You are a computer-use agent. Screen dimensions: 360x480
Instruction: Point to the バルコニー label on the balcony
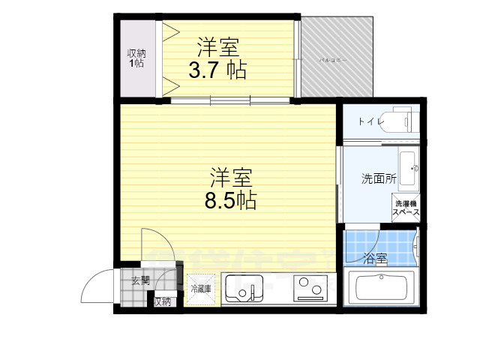point(332,58)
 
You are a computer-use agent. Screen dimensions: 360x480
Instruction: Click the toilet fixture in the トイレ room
point(399,120)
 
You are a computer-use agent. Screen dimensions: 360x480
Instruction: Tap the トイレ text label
point(370,121)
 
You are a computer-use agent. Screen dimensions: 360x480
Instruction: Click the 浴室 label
point(374,259)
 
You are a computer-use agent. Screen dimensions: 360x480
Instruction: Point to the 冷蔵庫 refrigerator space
point(201,289)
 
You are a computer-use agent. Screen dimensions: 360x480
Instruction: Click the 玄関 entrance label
point(140,280)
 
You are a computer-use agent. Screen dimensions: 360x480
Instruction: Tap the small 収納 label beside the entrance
point(162,302)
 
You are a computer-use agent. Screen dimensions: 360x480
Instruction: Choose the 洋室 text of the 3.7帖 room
point(218,47)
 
